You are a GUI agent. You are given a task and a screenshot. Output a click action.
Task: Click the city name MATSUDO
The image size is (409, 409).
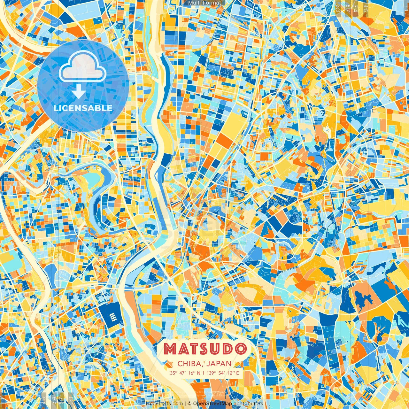(205, 349)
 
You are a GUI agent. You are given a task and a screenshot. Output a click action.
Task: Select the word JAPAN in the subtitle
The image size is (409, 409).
(219, 363)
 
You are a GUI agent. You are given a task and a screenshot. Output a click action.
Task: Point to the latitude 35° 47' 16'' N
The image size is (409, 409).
(185, 373)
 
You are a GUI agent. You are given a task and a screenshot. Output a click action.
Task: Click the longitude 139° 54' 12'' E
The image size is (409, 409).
(223, 373)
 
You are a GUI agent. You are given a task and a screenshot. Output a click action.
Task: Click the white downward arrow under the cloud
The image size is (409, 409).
(79, 93)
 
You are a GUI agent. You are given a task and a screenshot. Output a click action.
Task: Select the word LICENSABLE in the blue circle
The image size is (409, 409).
(83, 108)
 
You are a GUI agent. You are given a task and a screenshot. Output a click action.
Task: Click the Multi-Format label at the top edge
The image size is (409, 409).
(204, 3)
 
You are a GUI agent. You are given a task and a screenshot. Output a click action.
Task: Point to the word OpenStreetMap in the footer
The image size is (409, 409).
(212, 404)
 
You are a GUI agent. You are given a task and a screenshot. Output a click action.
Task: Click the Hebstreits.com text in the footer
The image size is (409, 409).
(165, 404)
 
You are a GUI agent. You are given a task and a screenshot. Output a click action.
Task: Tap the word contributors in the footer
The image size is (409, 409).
(248, 404)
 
